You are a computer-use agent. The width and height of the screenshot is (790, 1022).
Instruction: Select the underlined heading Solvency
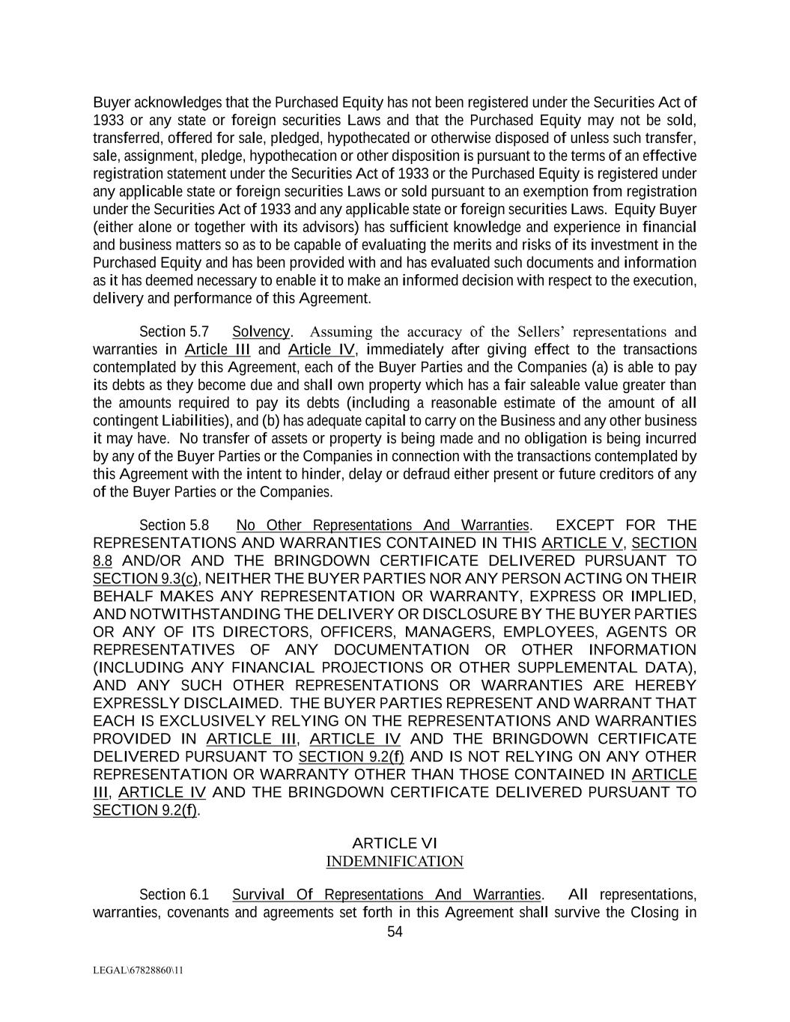click(x=261, y=332)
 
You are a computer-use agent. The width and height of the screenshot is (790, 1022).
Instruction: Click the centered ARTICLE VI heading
click(x=395, y=844)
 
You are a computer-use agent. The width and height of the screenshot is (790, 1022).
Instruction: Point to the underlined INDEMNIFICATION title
click(x=395, y=862)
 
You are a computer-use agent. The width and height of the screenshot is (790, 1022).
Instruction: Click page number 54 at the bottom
click(x=395, y=931)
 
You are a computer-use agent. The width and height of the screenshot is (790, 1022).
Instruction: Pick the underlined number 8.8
click(x=103, y=561)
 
